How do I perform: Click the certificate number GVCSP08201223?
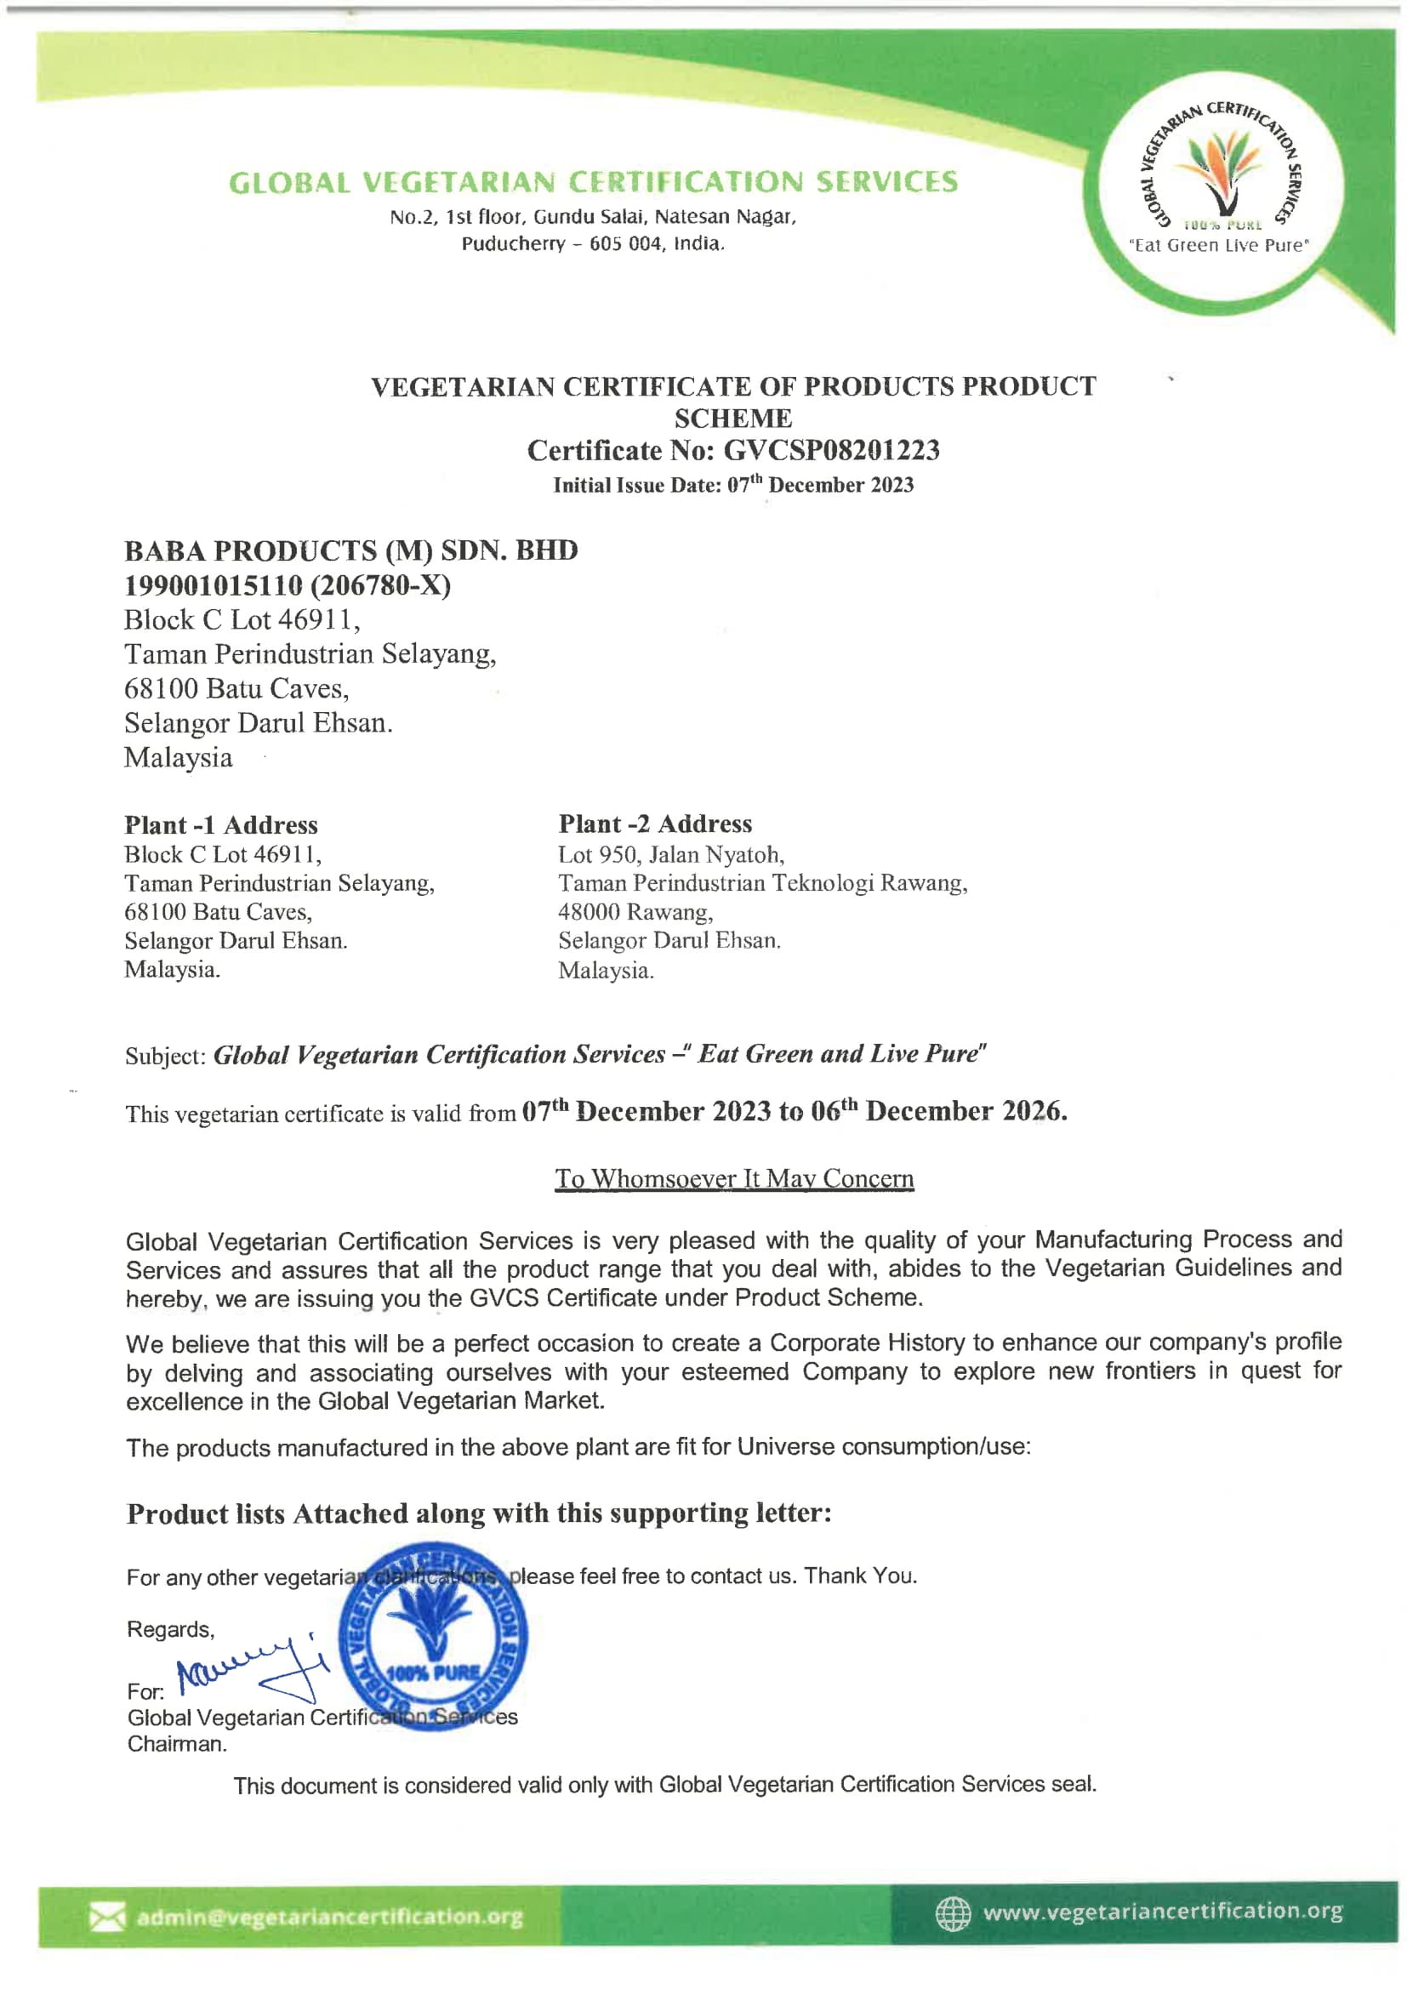[831, 451]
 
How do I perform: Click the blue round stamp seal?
[432, 1636]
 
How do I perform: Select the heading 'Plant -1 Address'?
[221, 824]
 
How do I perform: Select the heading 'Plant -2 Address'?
[655, 824]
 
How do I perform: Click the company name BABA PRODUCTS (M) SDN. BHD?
[350, 551]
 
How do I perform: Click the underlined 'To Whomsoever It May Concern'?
[734, 1179]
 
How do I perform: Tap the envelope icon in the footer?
[106, 1916]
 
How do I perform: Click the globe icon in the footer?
[952, 1912]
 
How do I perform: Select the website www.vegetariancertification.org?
[1162, 1911]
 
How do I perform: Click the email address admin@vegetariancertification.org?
[329, 1917]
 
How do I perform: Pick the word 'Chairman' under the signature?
[177, 1744]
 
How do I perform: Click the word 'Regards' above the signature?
[170, 1629]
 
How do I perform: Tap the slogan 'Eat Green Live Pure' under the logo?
[1219, 245]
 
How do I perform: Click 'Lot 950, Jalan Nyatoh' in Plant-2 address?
[670, 855]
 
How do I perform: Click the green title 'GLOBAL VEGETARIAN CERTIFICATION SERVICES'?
[594, 183]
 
